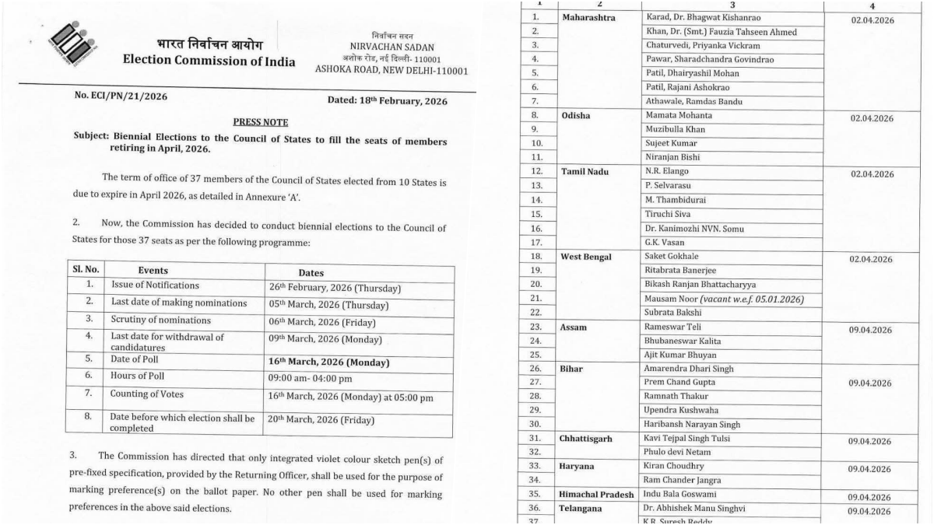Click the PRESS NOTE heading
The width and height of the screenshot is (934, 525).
pyautogui.click(x=260, y=122)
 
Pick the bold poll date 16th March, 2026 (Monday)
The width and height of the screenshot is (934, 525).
pyautogui.click(x=328, y=362)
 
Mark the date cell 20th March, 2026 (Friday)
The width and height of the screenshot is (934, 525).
pyautogui.click(x=321, y=421)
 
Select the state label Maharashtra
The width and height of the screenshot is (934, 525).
pyautogui.click(x=588, y=16)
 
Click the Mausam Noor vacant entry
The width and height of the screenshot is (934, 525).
pyautogui.click(x=724, y=299)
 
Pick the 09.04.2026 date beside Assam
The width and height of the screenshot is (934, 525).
pyautogui.click(x=870, y=331)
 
